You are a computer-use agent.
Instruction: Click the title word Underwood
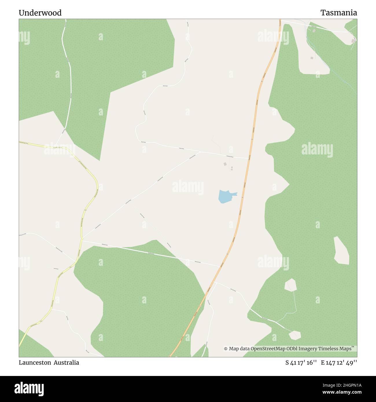coord(40,13)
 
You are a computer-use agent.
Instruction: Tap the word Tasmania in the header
coord(338,13)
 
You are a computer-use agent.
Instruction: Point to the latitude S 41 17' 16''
coord(301,363)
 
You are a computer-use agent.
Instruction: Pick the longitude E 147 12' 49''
coord(339,363)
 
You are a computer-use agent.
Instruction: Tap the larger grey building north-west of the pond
coord(225,164)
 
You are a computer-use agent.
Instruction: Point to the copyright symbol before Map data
coord(226,349)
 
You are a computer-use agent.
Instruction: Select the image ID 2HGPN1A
coord(344,385)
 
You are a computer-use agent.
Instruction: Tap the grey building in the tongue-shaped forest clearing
coord(312,58)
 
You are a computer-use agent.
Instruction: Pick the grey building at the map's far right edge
coord(353,41)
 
